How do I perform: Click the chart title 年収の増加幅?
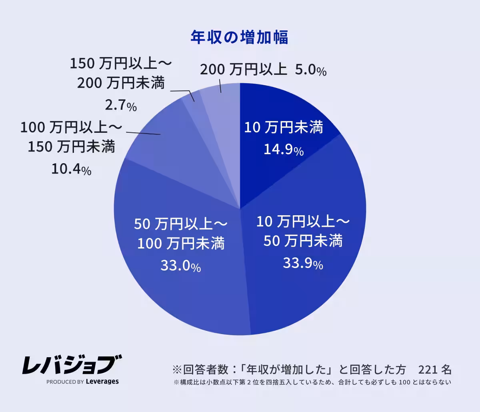coord(239,38)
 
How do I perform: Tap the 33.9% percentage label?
coord(303,263)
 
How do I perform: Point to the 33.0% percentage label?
coord(180,266)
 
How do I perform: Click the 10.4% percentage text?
coord(71,170)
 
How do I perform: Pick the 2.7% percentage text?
coord(121,106)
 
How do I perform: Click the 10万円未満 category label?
coord(284,128)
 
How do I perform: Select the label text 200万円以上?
coord(243,70)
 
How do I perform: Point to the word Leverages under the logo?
coord(102,382)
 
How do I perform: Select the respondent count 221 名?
coord(435,368)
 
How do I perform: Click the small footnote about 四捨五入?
coord(312,382)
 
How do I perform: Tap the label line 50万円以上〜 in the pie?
coord(180,224)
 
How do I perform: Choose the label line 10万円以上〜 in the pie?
coord(303,221)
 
